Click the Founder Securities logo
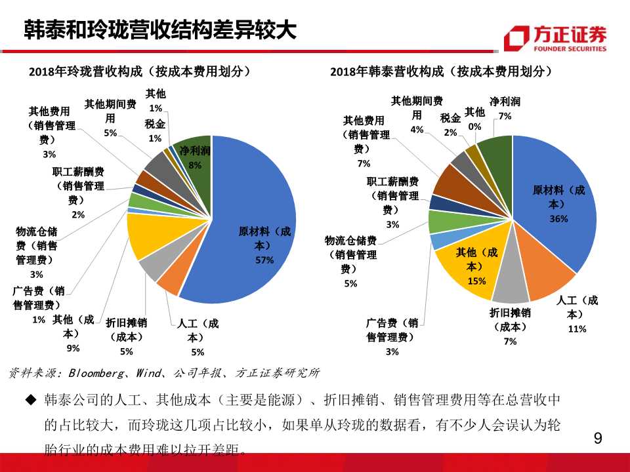point(555,39)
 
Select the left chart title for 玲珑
point(140,71)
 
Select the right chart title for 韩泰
point(441,71)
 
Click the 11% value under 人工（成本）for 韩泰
point(577,329)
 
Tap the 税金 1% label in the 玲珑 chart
point(155,130)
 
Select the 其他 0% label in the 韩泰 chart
point(474,119)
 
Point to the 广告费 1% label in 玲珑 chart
point(39,304)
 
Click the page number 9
point(597,439)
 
